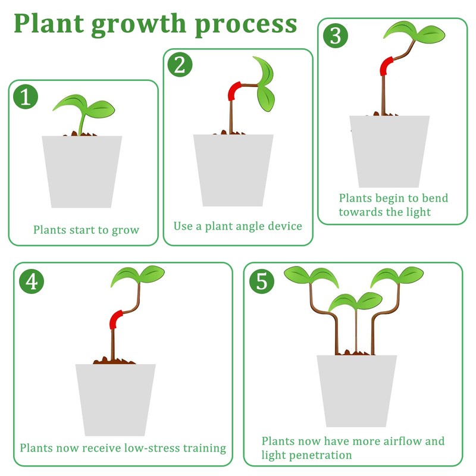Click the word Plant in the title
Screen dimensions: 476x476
[x=52, y=23]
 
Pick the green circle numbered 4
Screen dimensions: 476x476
[x=32, y=281]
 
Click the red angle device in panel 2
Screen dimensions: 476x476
[x=233, y=91]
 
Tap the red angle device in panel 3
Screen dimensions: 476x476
[x=387, y=65]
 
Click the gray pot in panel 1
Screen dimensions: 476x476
[x=82, y=171]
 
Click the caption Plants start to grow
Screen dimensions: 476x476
[x=86, y=230]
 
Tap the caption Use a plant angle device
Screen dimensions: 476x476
[x=238, y=226]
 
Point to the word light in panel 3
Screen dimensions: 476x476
[x=416, y=212]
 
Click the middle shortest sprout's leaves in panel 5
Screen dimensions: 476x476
[x=356, y=300]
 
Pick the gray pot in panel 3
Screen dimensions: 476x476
[x=390, y=151]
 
